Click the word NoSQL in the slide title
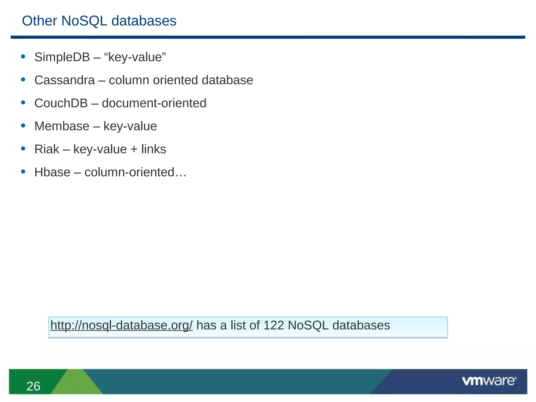click(84, 21)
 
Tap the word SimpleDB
click(62, 57)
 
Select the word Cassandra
click(64, 80)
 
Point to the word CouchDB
click(61, 103)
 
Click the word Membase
click(62, 126)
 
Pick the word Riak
click(47, 149)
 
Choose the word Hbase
click(52, 172)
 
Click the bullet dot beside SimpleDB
click(23, 57)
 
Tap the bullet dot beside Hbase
click(23, 172)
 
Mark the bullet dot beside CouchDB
click(23, 103)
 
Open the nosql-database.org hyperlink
click(121, 325)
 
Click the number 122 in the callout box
click(273, 325)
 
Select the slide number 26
click(33, 386)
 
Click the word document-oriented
click(154, 103)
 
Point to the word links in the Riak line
click(154, 149)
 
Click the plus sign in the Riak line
click(134, 149)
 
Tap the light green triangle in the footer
click(76, 383)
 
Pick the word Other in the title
click(40, 21)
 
